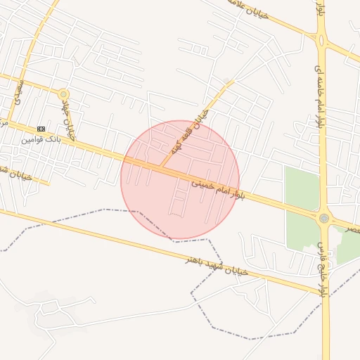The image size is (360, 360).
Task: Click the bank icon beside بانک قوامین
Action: click(41, 129)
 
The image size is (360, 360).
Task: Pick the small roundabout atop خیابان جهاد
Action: click(64, 94)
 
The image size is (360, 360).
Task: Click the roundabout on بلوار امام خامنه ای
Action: click(322, 40)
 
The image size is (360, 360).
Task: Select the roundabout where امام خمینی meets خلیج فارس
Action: click(323, 219)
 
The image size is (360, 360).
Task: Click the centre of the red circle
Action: click(180, 180)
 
